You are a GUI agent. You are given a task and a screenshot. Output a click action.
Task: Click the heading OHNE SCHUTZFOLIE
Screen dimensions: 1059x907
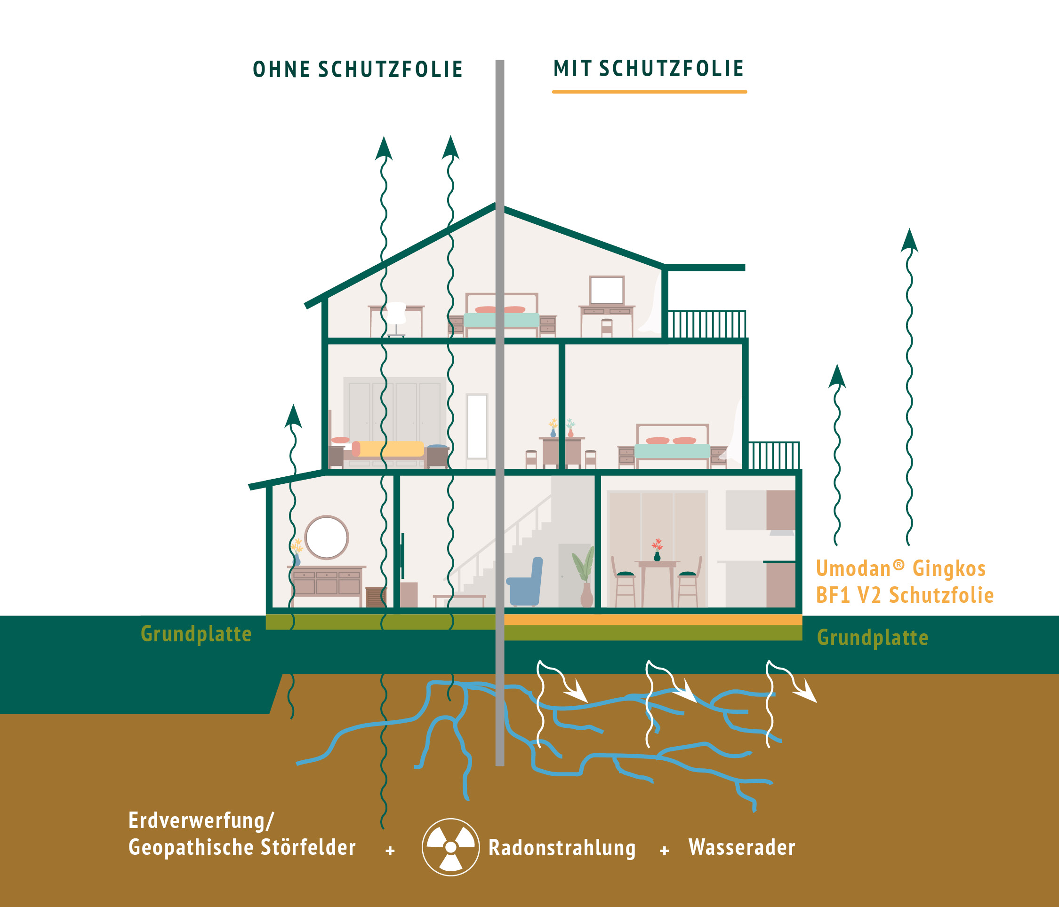[x=358, y=70]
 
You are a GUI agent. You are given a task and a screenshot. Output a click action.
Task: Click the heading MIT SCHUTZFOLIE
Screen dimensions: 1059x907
[x=649, y=69]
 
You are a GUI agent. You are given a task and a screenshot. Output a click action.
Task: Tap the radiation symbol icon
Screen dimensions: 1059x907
[x=450, y=847]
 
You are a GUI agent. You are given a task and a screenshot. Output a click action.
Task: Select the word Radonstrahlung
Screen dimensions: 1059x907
[x=562, y=848]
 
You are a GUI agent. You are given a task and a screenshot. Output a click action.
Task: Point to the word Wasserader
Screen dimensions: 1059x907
[x=742, y=847]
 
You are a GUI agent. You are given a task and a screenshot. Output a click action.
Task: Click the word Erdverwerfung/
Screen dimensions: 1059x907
[x=201, y=820]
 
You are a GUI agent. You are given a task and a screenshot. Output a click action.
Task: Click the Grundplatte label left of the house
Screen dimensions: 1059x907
[x=196, y=634]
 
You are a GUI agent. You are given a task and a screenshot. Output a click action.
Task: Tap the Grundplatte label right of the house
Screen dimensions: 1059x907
[x=873, y=638]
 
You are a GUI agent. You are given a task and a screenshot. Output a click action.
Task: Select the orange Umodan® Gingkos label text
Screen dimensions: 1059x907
[x=900, y=568]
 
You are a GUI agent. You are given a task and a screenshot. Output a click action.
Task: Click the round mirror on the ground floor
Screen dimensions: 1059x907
[x=327, y=537]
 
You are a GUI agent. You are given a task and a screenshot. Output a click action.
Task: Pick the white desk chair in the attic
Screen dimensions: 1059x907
[x=397, y=319]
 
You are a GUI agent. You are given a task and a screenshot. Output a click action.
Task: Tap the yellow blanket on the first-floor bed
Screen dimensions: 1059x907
[x=388, y=449]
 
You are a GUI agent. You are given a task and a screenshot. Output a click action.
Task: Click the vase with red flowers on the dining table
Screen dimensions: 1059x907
[x=657, y=550]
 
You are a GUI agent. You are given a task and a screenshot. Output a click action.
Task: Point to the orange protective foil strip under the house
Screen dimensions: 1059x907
[x=653, y=619]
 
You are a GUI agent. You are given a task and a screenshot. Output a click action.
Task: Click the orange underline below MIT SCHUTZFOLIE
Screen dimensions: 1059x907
[x=649, y=92]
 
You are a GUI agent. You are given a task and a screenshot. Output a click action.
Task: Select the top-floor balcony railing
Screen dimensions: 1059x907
[x=706, y=324]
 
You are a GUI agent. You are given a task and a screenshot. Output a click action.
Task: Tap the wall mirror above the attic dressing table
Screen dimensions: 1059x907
[x=607, y=290]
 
